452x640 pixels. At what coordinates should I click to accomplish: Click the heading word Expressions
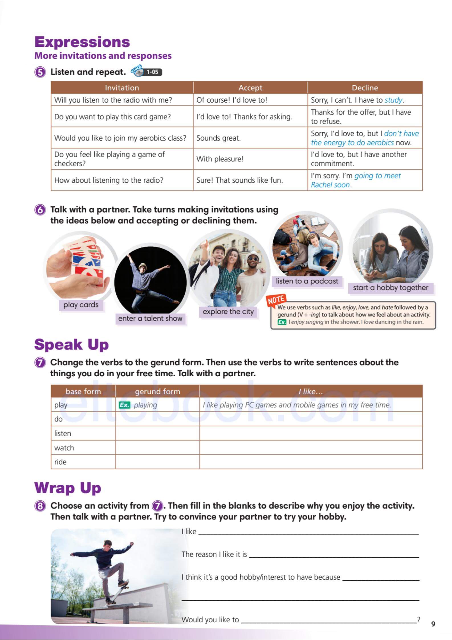tap(82, 42)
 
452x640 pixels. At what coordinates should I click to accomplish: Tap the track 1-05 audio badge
tap(147, 72)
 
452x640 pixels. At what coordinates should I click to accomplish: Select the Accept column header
tap(250, 88)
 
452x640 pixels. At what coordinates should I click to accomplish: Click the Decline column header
tap(365, 88)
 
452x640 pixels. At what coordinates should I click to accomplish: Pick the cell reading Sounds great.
tap(219, 138)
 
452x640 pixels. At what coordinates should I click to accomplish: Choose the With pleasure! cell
tap(220, 159)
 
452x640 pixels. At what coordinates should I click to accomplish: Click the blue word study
tap(393, 100)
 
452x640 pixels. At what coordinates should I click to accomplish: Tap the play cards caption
tap(81, 305)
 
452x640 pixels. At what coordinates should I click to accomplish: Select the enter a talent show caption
tap(150, 318)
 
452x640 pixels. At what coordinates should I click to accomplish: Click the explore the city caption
tap(228, 312)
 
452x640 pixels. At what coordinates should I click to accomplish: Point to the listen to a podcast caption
tap(307, 281)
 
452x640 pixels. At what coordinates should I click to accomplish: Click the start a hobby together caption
tap(390, 288)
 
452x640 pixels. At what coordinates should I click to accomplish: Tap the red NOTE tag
tap(276, 300)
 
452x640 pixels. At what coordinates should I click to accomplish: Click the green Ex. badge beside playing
tap(125, 405)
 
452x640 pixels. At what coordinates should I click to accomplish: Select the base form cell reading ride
tap(60, 462)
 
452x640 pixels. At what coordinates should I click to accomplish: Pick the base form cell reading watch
tap(64, 448)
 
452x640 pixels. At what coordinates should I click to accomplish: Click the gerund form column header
tap(157, 391)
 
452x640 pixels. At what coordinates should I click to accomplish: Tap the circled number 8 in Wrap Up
tap(40, 506)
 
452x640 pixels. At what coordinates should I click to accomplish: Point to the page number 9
tap(433, 624)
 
